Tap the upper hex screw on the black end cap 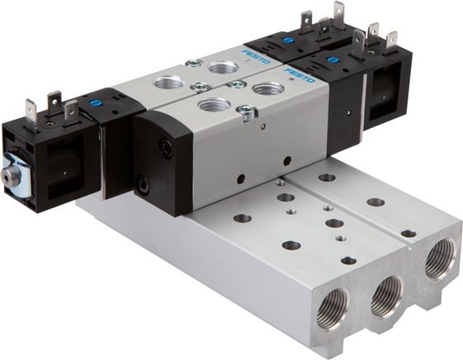(x=165, y=148)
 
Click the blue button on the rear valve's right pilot (x=288, y=39)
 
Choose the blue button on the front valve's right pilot (x=334, y=62)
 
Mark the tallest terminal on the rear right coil (x=338, y=13)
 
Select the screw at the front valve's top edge (x=245, y=115)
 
